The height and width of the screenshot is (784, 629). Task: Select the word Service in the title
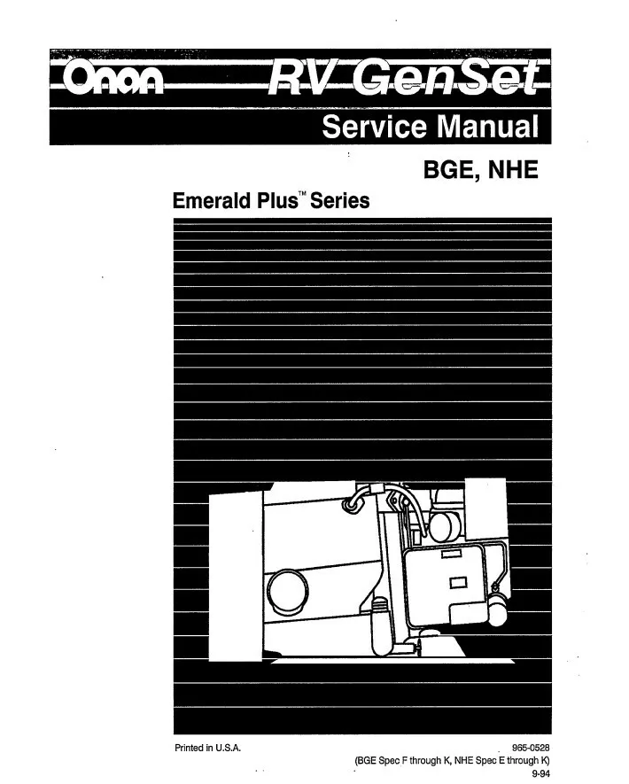tap(372, 128)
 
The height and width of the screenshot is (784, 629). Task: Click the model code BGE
tap(443, 170)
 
